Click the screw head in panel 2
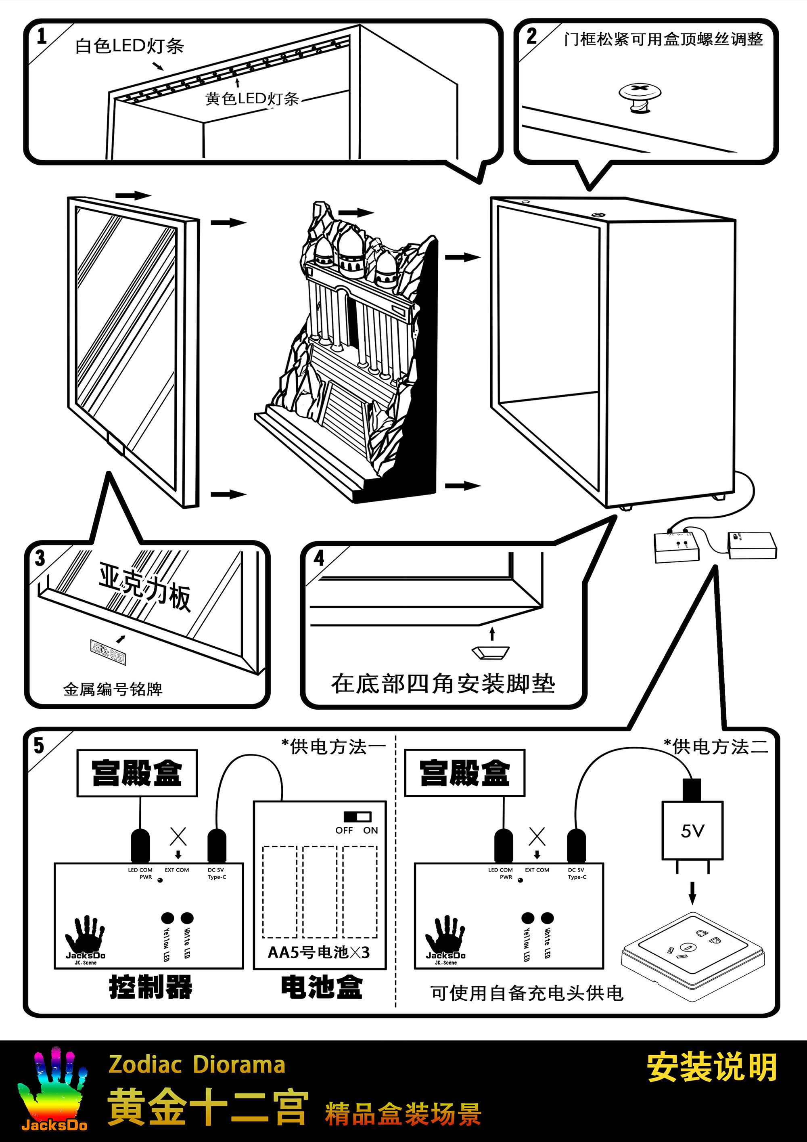(x=640, y=92)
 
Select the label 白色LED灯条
(x=129, y=46)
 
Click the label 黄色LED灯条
(x=252, y=98)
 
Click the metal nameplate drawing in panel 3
(x=107, y=652)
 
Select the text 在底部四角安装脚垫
(x=443, y=683)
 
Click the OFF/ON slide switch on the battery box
(x=358, y=817)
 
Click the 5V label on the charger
(x=692, y=831)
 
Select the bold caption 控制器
(x=151, y=987)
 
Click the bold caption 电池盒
(x=322, y=987)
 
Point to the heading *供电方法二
(x=716, y=746)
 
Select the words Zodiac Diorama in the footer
(x=197, y=1064)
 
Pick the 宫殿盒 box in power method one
(x=137, y=773)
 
